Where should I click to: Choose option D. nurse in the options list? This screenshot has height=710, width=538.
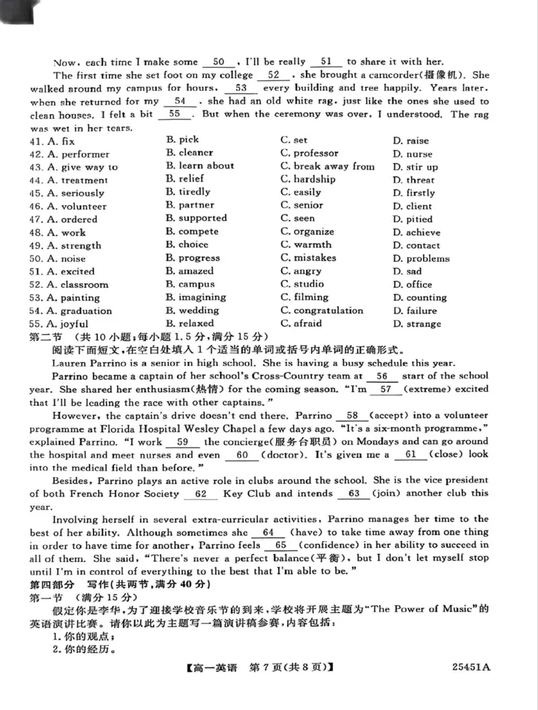coord(412,153)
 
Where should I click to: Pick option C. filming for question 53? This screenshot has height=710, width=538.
coord(304,297)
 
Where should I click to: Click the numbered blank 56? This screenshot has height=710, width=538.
coord(382,376)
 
